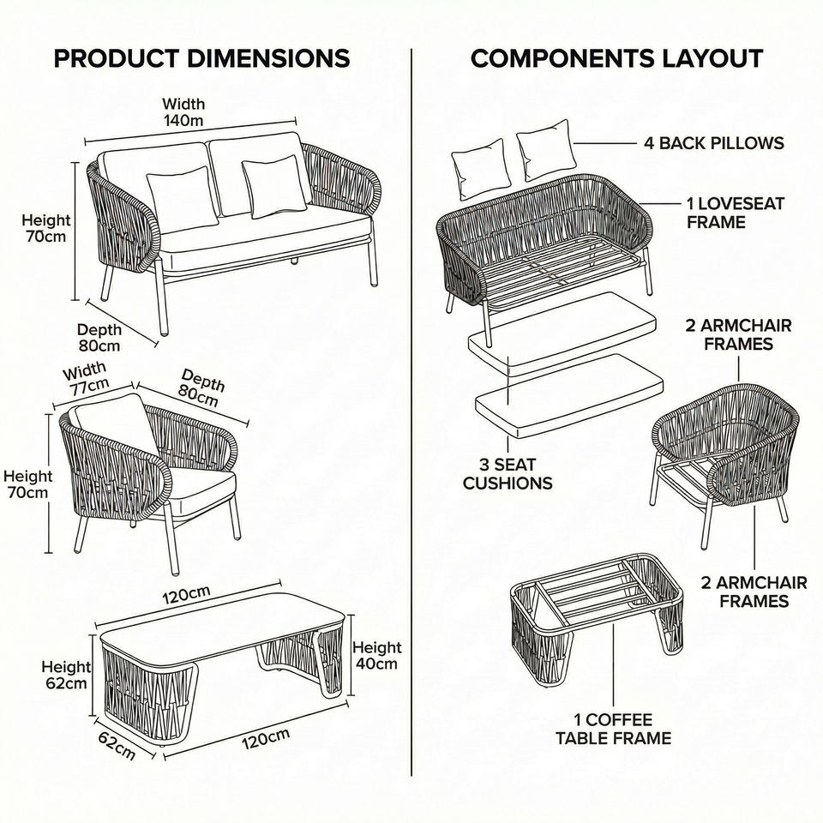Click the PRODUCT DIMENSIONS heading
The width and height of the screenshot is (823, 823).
(x=201, y=58)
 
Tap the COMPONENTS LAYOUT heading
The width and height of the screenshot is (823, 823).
(x=616, y=58)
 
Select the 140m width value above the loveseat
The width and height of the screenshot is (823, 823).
(x=183, y=121)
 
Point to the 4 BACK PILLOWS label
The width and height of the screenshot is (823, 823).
(x=714, y=142)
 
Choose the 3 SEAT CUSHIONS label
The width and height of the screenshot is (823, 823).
(x=508, y=474)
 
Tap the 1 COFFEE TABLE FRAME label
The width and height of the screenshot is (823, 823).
(x=613, y=729)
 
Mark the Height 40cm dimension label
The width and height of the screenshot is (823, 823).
(x=376, y=655)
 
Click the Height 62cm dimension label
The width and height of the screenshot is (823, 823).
(x=66, y=675)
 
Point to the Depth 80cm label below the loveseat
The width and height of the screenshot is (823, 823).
(x=99, y=338)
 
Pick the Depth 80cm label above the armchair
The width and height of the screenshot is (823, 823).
(x=201, y=388)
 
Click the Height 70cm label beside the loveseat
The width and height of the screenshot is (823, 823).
(x=45, y=229)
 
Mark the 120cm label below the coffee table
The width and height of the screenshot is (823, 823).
(x=263, y=738)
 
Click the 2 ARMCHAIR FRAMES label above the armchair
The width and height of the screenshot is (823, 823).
(x=738, y=334)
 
